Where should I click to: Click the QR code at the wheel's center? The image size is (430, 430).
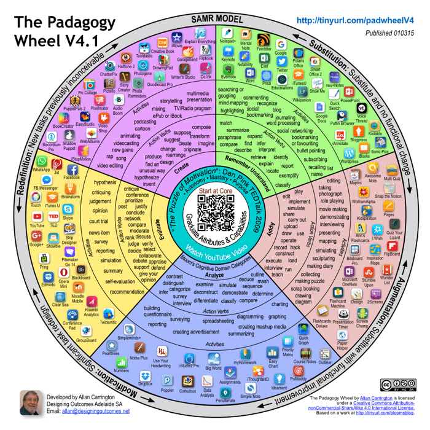click(x=214, y=211)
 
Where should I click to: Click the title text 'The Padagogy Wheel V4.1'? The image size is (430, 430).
click(x=64, y=33)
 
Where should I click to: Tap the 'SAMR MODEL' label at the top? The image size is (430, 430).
click(x=215, y=18)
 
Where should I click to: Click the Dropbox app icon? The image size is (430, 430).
click(x=146, y=375)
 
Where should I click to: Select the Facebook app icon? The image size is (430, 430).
click(x=72, y=168)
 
